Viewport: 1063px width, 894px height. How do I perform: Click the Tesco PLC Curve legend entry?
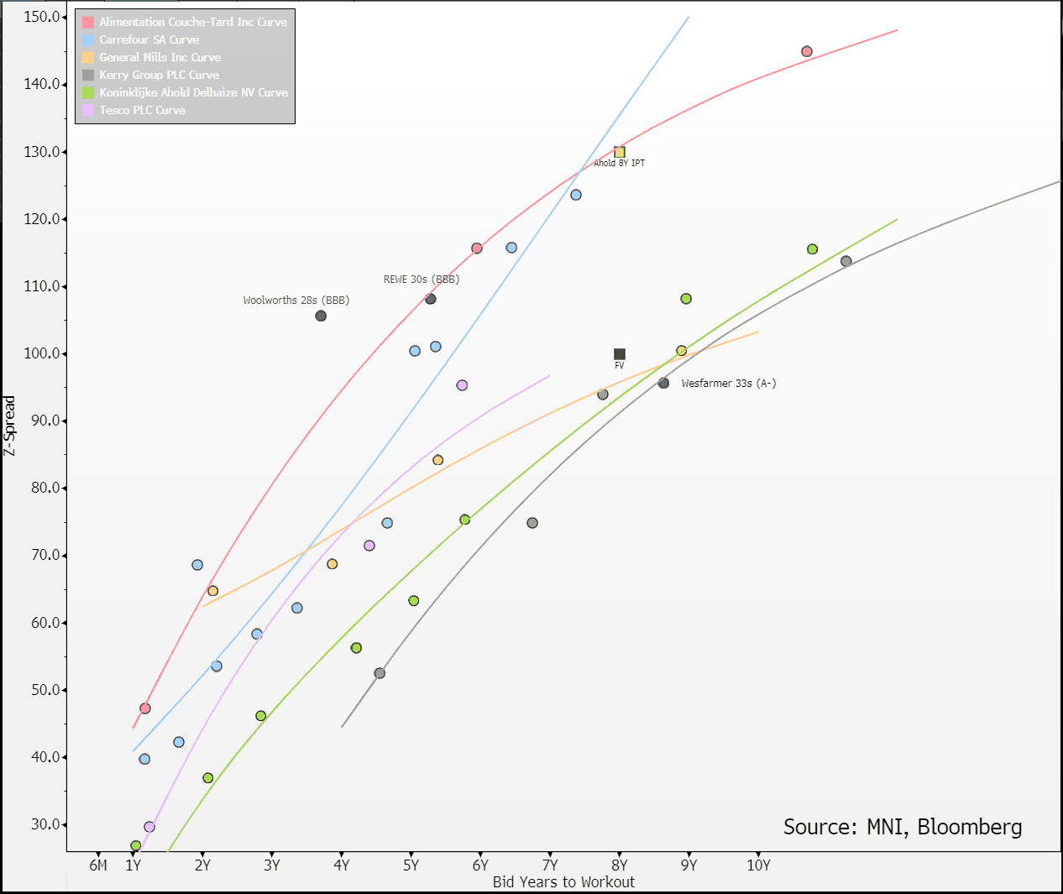[x=142, y=110]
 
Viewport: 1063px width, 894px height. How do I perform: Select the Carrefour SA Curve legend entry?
[x=149, y=39]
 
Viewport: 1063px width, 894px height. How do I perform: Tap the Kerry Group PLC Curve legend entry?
[x=159, y=75]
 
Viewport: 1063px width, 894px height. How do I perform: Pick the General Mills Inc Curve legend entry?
[x=160, y=57]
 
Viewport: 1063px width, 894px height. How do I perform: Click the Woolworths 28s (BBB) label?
[x=296, y=300]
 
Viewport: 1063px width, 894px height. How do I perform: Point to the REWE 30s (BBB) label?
[x=422, y=279]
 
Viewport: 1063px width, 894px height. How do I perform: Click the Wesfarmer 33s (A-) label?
[x=728, y=383]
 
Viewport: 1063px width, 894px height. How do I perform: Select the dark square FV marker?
[x=620, y=354]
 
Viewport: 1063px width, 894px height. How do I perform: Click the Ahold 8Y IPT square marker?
[x=620, y=152]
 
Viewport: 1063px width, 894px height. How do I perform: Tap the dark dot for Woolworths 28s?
[x=321, y=316]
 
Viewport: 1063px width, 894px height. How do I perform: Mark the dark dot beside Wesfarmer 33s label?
[x=663, y=383]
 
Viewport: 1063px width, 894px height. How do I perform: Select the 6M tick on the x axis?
[x=98, y=865]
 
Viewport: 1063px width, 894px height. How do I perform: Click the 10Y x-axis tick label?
[x=758, y=865]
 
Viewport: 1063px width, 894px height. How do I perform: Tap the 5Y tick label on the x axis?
[x=411, y=865]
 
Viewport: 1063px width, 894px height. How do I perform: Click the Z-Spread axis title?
[x=9, y=426]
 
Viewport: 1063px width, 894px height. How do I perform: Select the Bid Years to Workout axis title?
[x=563, y=881]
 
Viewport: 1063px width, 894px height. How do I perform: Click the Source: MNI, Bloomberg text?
[x=903, y=827]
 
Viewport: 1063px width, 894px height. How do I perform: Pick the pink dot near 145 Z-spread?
[x=807, y=51]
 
